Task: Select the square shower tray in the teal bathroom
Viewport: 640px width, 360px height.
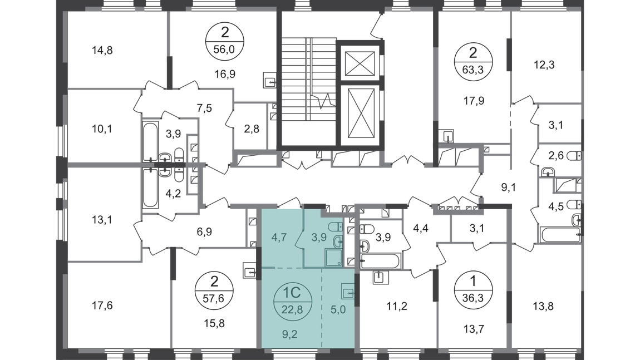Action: (335, 257)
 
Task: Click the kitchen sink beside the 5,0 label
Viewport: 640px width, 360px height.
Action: (348, 292)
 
